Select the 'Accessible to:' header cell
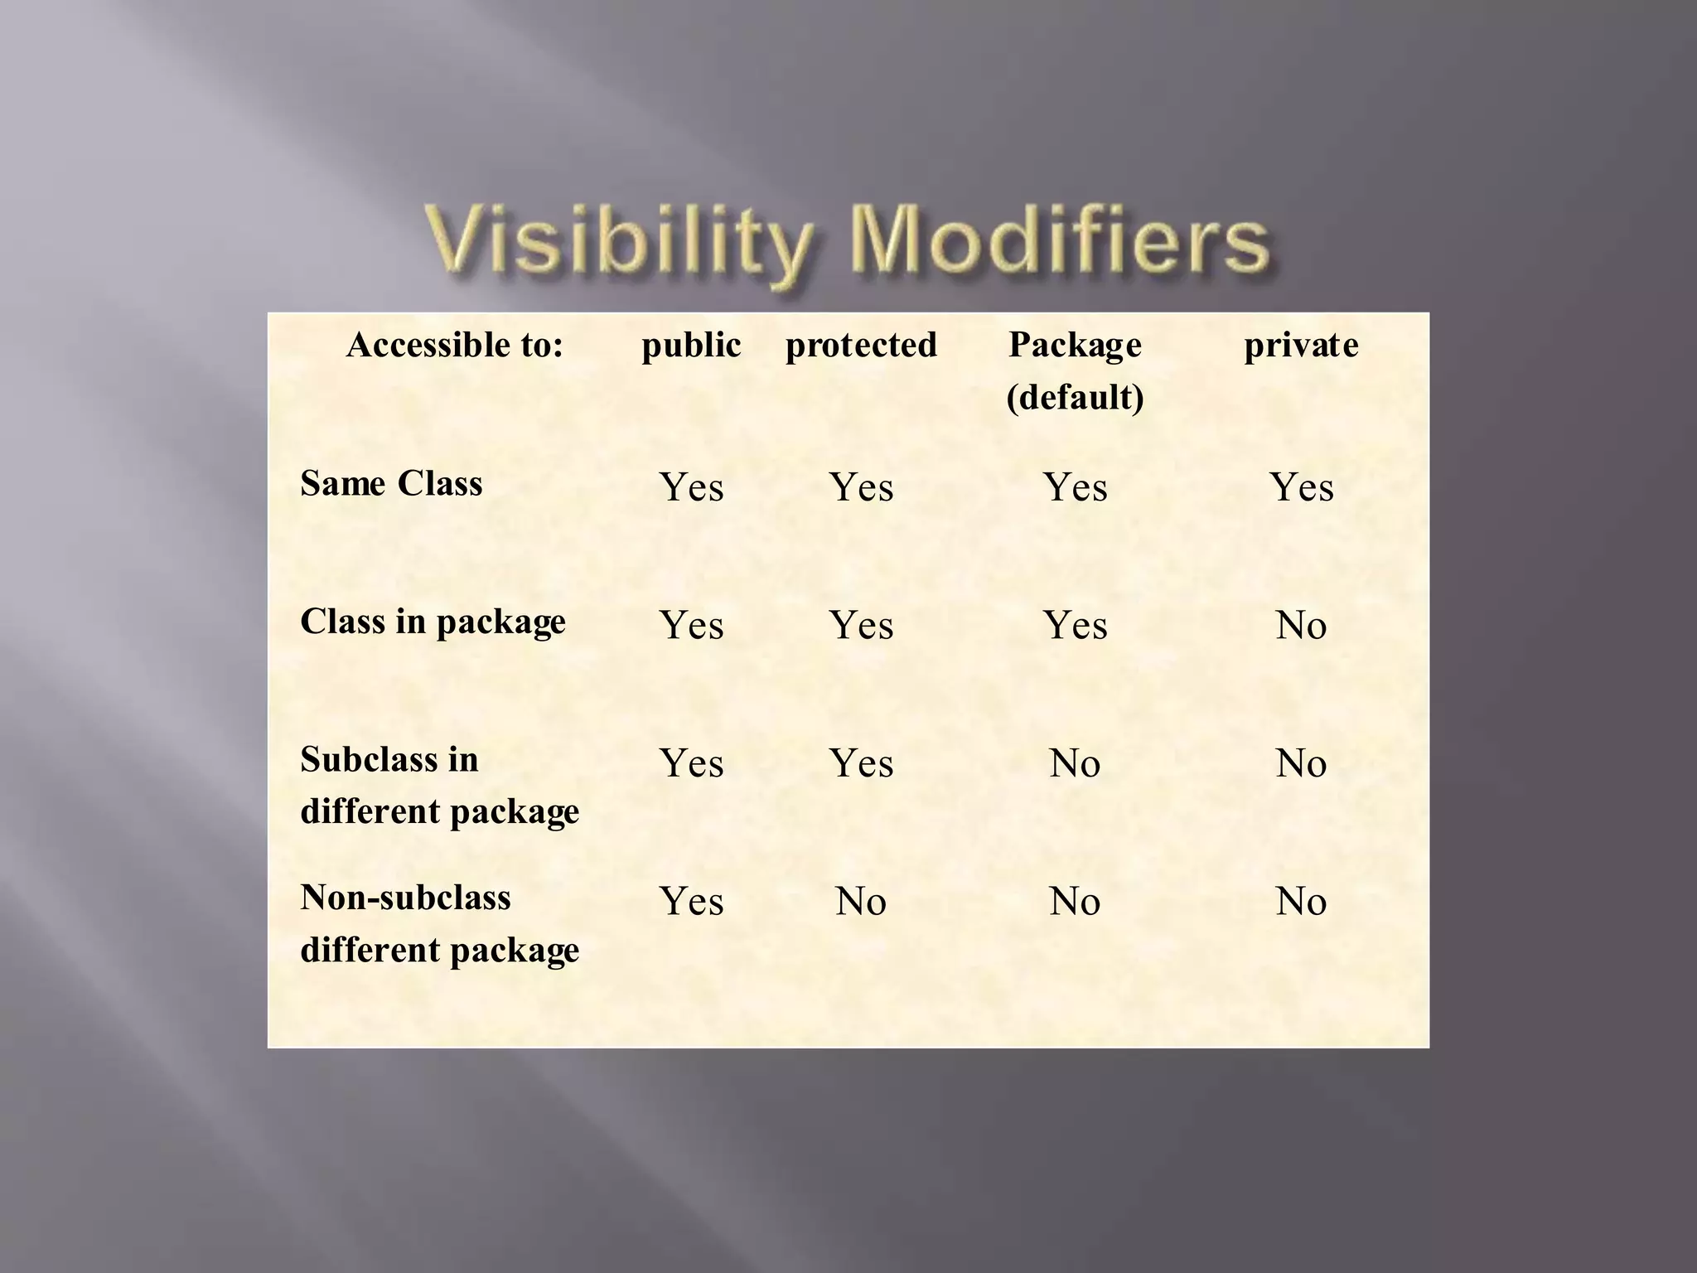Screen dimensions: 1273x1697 [454, 345]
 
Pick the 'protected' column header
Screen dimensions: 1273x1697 [861, 346]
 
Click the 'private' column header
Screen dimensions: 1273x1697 [1301, 346]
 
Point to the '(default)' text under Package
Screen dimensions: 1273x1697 [1075, 398]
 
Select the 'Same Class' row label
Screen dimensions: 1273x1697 [391, 483]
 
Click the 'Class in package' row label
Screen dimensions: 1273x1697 [433, 622]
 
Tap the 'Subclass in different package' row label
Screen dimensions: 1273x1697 [439, 785]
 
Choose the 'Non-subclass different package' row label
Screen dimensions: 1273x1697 [439, 923]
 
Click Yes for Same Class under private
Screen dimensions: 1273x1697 [1301, 487]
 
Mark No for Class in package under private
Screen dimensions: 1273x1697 [1301, 626]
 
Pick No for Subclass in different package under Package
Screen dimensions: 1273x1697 [1075, 763]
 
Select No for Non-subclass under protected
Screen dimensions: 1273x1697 [861, 902]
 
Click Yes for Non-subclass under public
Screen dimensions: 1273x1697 [691, 902]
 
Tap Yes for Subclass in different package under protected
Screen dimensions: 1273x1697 [861, 763]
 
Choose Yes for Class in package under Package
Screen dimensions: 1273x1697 [1075, 626]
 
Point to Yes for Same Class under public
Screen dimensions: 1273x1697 [691, 487]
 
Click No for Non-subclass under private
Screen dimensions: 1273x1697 [1301, 902]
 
